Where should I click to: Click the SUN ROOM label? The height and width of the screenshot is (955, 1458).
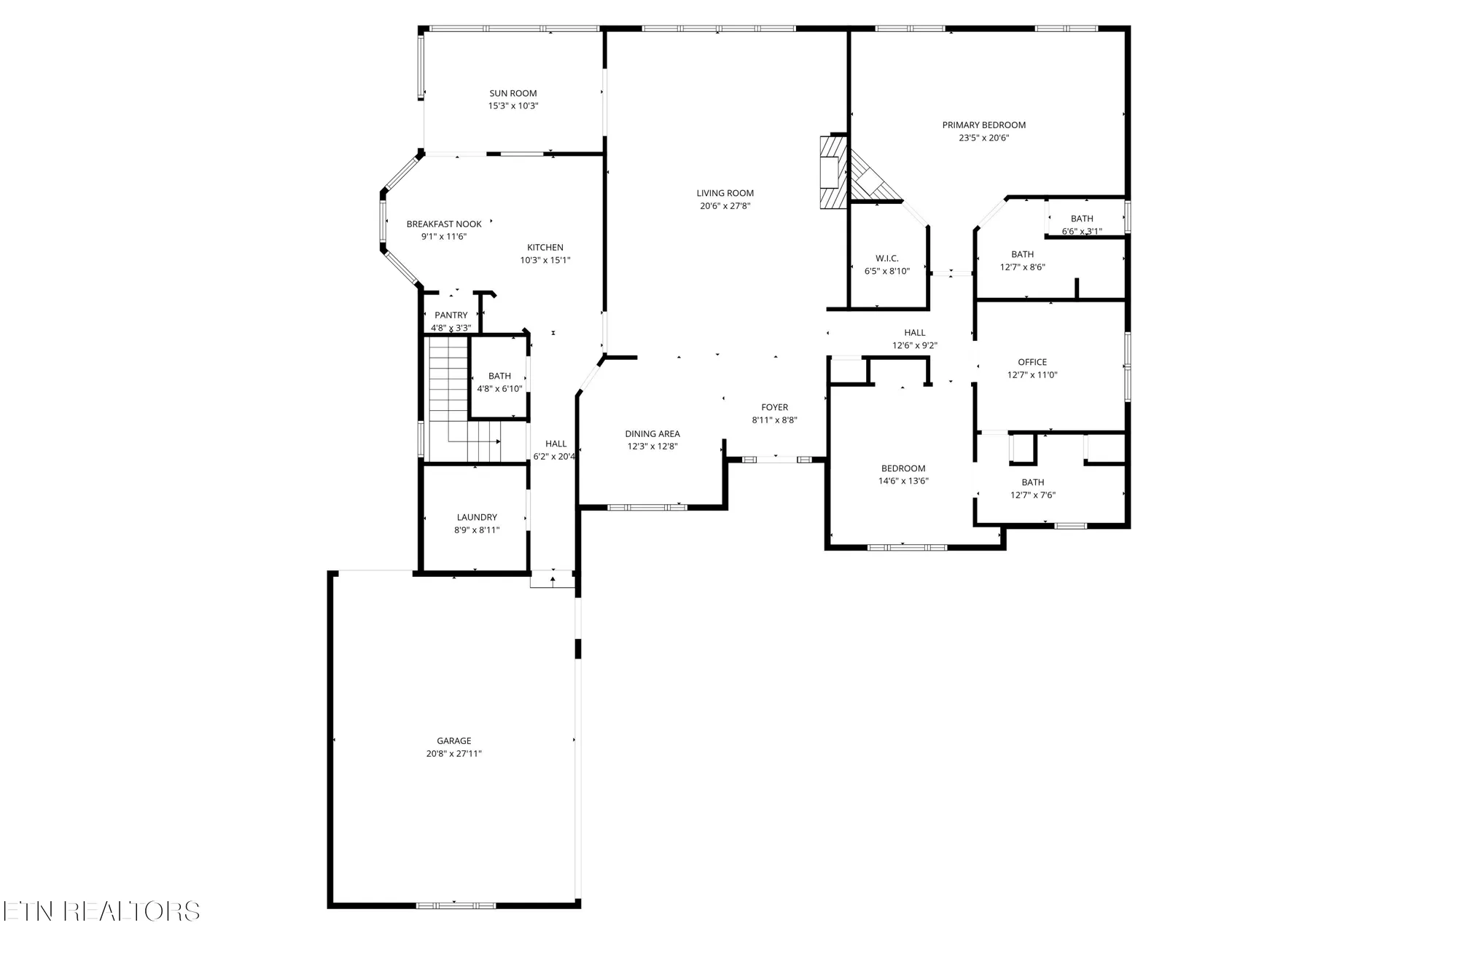512,93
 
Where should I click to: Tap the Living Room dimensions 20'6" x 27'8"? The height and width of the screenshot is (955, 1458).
725,206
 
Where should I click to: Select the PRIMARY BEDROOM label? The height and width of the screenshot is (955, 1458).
983,125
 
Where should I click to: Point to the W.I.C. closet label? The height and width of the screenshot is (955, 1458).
886,259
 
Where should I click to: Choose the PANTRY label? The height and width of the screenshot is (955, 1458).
451,315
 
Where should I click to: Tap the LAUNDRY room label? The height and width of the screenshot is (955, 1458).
477,517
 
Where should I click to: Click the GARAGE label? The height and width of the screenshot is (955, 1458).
454,741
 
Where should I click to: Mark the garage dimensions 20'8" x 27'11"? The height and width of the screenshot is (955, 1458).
454,754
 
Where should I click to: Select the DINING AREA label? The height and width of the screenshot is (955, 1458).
652,434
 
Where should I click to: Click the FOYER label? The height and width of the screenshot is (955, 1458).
774,408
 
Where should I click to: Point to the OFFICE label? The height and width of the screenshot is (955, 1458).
1032,362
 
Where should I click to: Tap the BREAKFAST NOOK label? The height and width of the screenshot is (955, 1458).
444,224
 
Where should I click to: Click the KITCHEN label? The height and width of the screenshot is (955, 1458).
545,248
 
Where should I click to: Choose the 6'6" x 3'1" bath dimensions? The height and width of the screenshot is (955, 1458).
1082,232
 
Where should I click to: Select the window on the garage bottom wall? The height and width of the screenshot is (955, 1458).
455,905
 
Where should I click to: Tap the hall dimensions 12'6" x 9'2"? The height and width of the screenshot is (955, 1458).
914,346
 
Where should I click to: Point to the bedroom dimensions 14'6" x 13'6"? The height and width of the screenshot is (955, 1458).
903,481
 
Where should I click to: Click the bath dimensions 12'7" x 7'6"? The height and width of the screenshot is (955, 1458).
1032,495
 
